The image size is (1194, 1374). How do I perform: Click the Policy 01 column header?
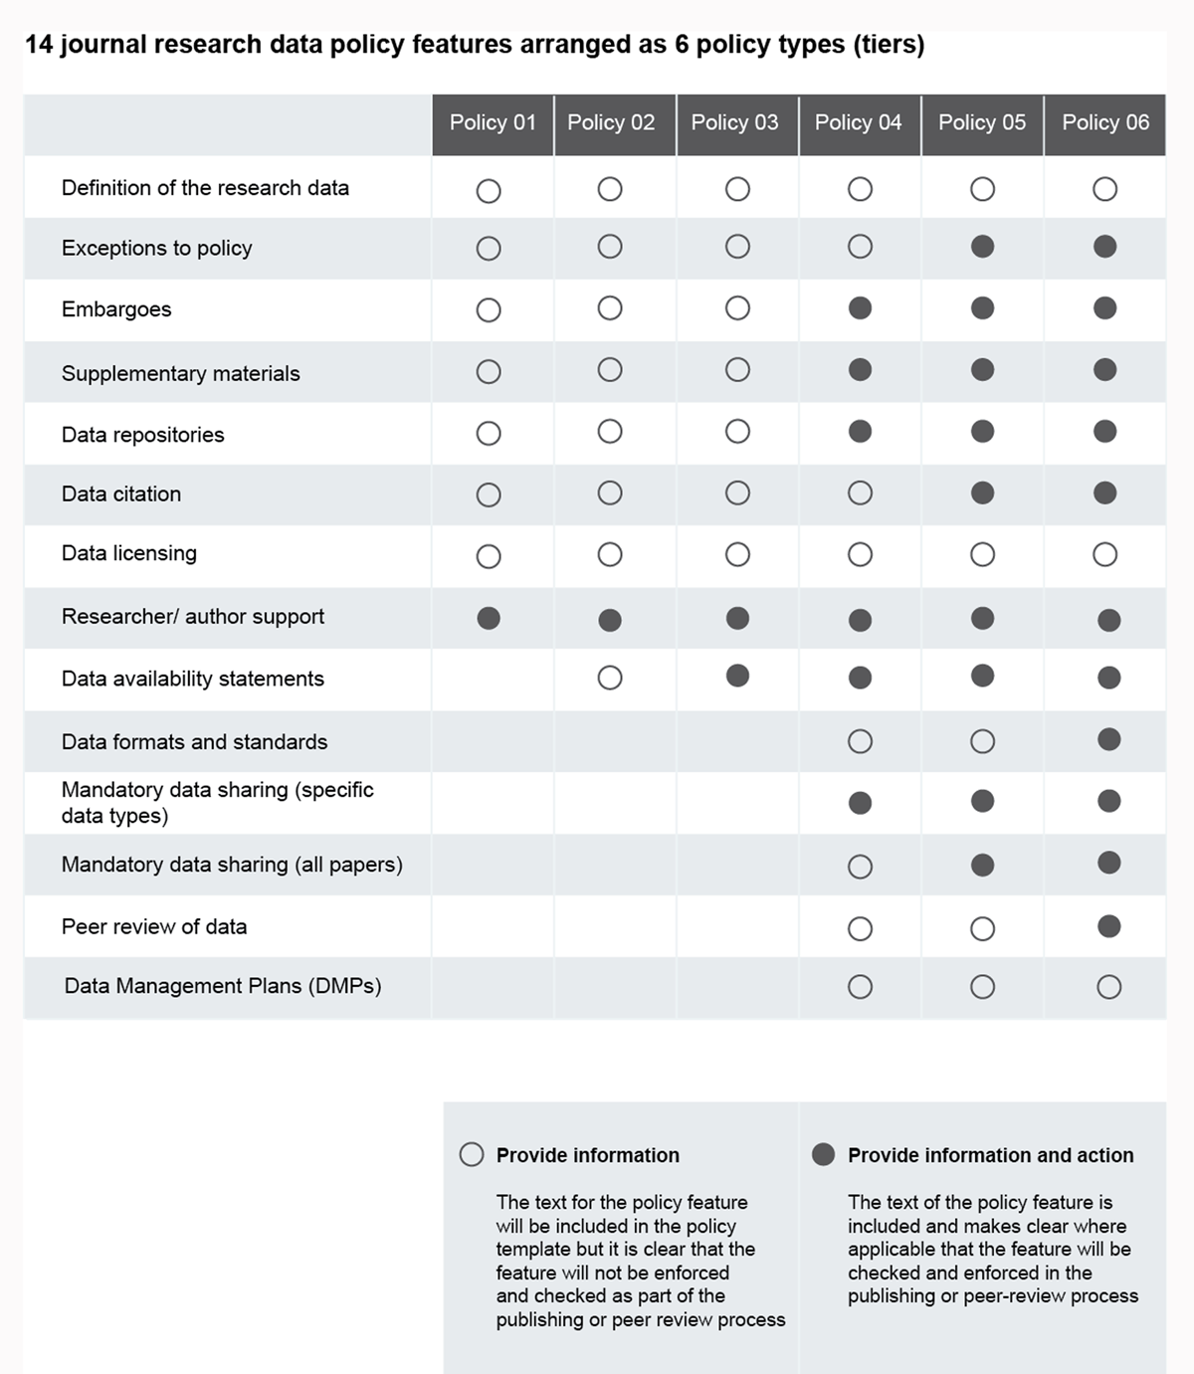pos(493,123)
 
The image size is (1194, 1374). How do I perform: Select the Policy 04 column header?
pos(858,123)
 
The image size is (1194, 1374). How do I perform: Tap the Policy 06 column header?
pos(1104,123)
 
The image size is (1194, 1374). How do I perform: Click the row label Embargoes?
pos(116,309)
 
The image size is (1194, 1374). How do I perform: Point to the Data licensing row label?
pos(129,553)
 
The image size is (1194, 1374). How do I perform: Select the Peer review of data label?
pos(154,926)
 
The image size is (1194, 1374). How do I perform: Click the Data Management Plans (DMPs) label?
pos(223,986)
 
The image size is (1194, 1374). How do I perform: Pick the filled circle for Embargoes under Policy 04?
pos(860,308)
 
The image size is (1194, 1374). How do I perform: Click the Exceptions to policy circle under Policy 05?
pos(982,247)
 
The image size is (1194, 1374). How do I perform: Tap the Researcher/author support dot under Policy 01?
pos(489,618)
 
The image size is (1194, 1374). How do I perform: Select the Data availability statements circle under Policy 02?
pos(610,678)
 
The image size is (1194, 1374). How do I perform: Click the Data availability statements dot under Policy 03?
pos(737,677)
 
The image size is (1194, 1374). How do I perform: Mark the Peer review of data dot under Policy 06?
pos(1108,926)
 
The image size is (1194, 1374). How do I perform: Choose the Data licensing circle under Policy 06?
pos(1104,554)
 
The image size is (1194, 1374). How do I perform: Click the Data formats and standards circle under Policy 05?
pos(982,741)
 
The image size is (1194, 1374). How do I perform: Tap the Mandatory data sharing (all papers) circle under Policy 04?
pos(860,867)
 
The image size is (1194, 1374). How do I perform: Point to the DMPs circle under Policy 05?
pos(982,987)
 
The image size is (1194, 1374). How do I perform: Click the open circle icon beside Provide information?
pos(472,1154)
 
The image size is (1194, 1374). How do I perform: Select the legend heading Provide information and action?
pos(990,1155)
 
